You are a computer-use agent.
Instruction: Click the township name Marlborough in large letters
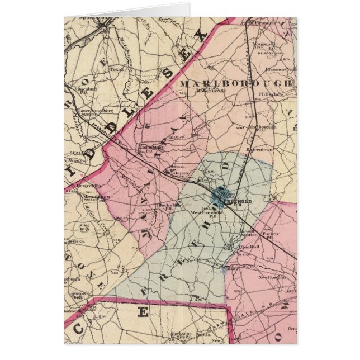(235, 84)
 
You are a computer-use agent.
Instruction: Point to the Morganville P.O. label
(274, 42)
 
